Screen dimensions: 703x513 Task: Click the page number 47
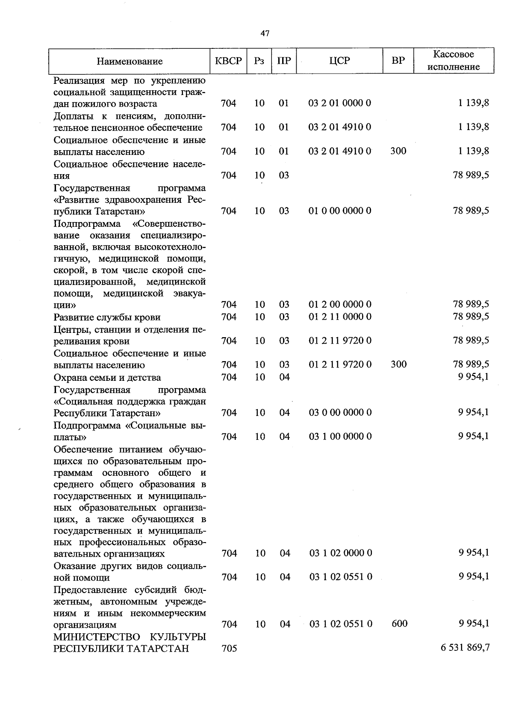click(265, 34)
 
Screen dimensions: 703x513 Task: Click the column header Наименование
click(130, 61)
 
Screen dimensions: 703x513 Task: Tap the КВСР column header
click(228, 61)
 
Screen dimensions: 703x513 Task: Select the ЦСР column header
click(340, 61)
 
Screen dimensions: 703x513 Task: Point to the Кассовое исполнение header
click(454, 61)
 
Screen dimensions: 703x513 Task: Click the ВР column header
click(398, 61)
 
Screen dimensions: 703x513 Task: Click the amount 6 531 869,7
click(465, 648)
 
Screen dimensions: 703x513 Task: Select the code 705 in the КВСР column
click(229, 648)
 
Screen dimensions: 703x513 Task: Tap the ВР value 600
click(399, 624)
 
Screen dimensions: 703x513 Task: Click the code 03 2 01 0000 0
click(340, 103)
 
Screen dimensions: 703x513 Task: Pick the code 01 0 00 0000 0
click(340, 211)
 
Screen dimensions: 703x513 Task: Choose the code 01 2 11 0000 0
click(340, 317)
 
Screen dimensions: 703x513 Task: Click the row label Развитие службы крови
click(107, 317)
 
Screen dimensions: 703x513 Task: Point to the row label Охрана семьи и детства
click(107, 377)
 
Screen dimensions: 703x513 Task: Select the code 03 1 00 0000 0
click(340, 436)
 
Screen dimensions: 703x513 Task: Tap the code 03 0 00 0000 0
click(340, 412)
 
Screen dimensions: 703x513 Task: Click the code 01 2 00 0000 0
click(340, 305)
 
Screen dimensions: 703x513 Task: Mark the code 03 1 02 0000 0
click(341, 553)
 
